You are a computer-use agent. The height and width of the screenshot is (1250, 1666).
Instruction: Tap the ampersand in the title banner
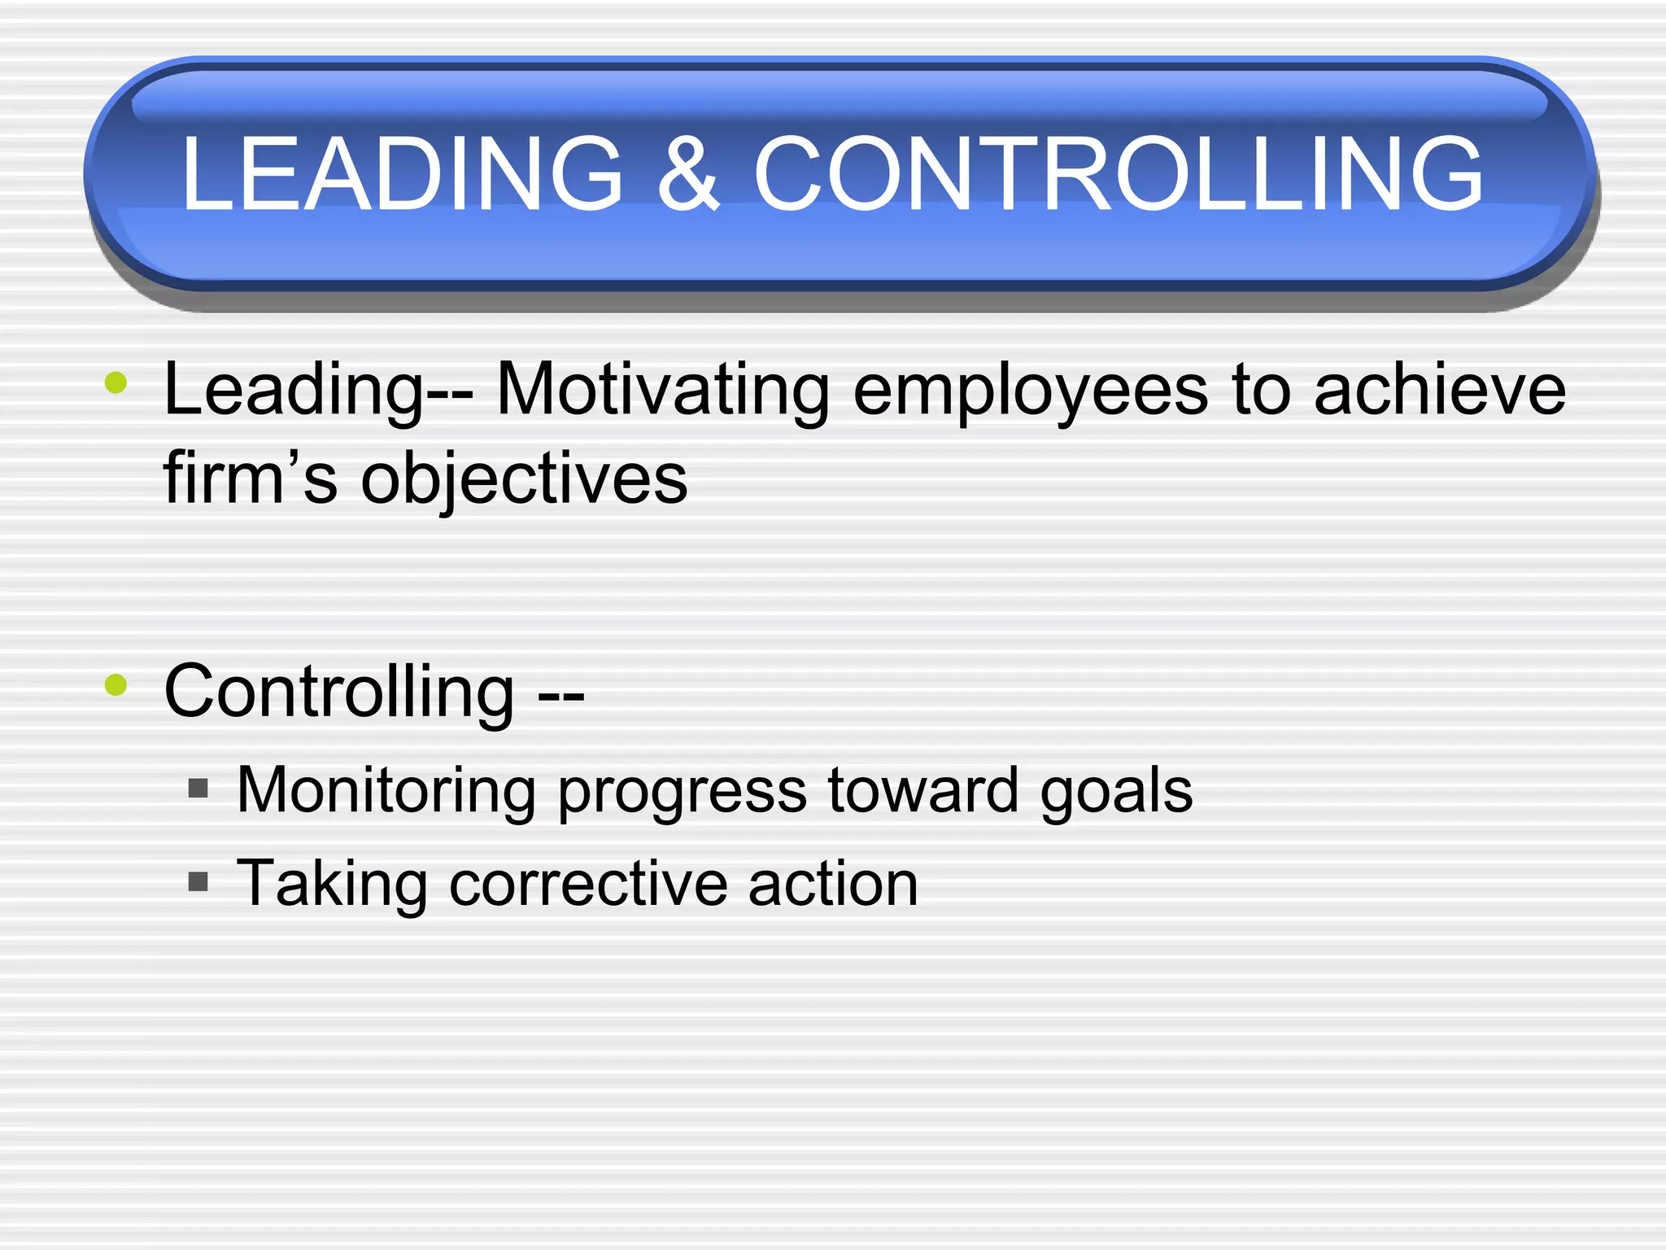click(688, 173)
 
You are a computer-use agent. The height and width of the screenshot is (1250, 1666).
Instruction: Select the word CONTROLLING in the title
click(1119, 173)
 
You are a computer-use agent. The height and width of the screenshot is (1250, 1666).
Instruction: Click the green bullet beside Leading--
click(116, 382)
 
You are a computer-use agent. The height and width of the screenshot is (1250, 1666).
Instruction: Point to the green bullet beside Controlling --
click(116, 684)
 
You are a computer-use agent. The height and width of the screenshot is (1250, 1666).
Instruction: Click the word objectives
click(524, 480)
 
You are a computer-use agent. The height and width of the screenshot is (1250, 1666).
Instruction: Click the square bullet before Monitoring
click(198, 788)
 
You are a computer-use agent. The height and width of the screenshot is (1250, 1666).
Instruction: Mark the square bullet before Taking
click(198, 881)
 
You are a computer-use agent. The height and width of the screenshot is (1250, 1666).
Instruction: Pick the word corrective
click(588, 884)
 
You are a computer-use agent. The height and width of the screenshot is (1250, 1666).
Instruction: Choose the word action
click(833, 884)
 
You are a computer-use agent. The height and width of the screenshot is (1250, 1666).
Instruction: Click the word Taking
click(332, 885)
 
